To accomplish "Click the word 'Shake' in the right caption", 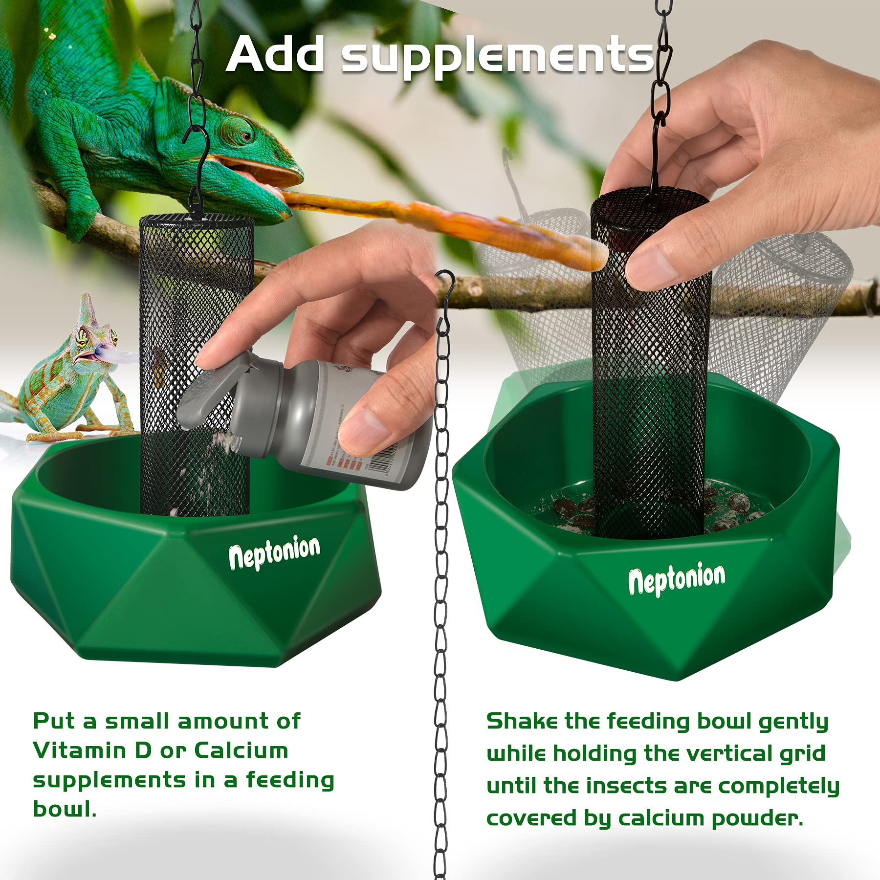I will click(x=522, y=721).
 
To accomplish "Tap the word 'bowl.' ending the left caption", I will click(x=64, y=809).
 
